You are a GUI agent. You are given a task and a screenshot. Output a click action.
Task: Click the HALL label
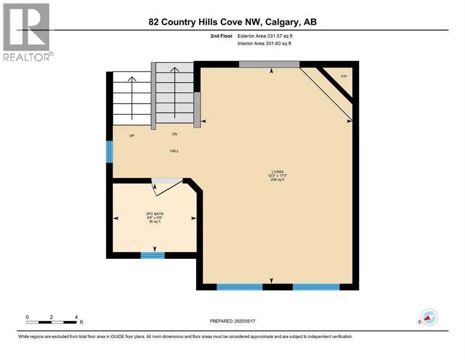tap(175, 151)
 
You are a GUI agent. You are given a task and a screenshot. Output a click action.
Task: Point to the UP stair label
tap(132, 135)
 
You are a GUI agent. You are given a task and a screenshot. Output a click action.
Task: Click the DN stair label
tap(175, 134)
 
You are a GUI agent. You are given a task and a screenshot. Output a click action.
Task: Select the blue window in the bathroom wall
tap(153, 255)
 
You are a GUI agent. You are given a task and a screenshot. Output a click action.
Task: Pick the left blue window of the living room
tap(239, 287)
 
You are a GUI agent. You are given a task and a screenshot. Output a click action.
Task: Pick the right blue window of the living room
tap(316, 287)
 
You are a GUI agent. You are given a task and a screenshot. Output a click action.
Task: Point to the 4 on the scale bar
tap(76, 317)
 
